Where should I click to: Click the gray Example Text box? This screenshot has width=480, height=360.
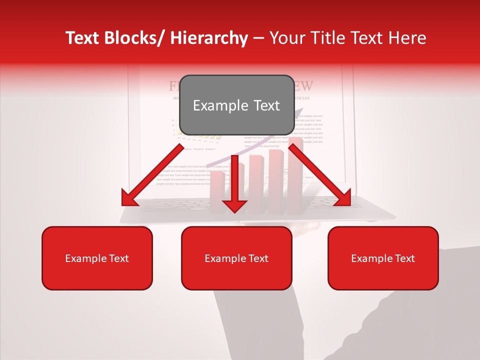[236, 105]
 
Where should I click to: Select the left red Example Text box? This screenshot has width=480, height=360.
[97, 258]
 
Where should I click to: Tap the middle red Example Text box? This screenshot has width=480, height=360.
[236, 258]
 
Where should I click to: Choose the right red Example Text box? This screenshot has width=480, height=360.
[383, 258]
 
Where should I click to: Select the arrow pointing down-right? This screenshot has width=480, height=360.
[320, 175]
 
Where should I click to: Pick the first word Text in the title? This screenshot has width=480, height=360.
[82, 38]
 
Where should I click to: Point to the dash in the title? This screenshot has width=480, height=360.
[258, 39]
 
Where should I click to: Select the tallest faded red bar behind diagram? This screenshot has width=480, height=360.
[295, 175]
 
